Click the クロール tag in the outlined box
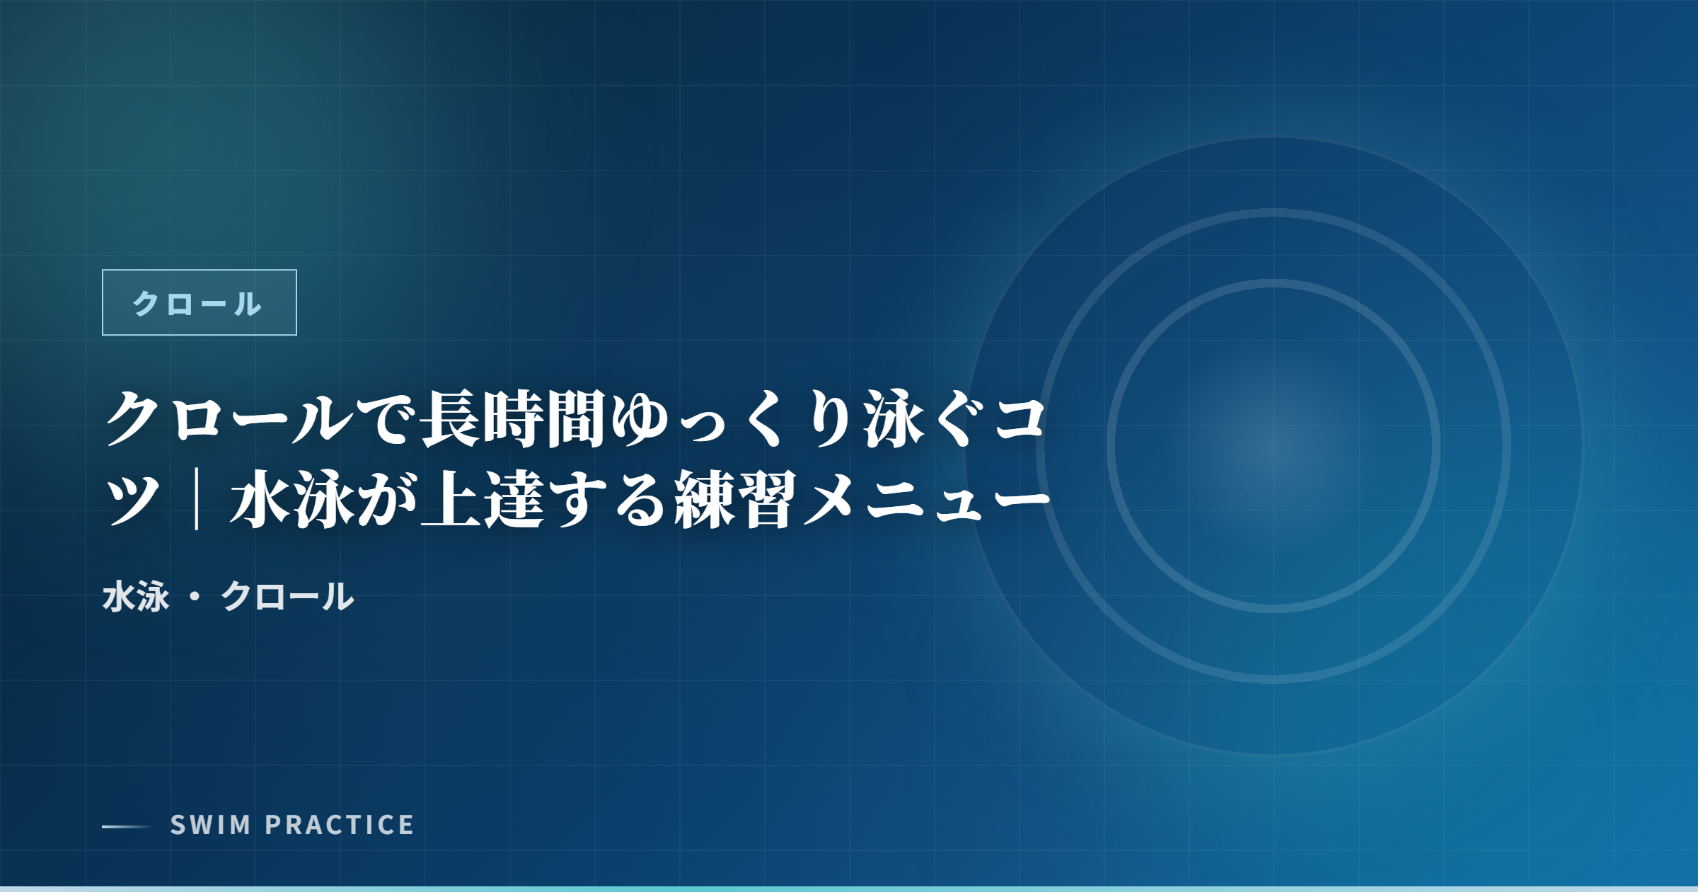coord(197,303)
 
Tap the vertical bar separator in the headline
coord(196,500)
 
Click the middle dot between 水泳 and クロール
coord(195,597)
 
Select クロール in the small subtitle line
coord(287,596)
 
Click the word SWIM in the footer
coord(211,825)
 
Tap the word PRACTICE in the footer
coord(340,825)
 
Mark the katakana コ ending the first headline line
coord(1020,419)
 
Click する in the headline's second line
coord(608,500)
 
